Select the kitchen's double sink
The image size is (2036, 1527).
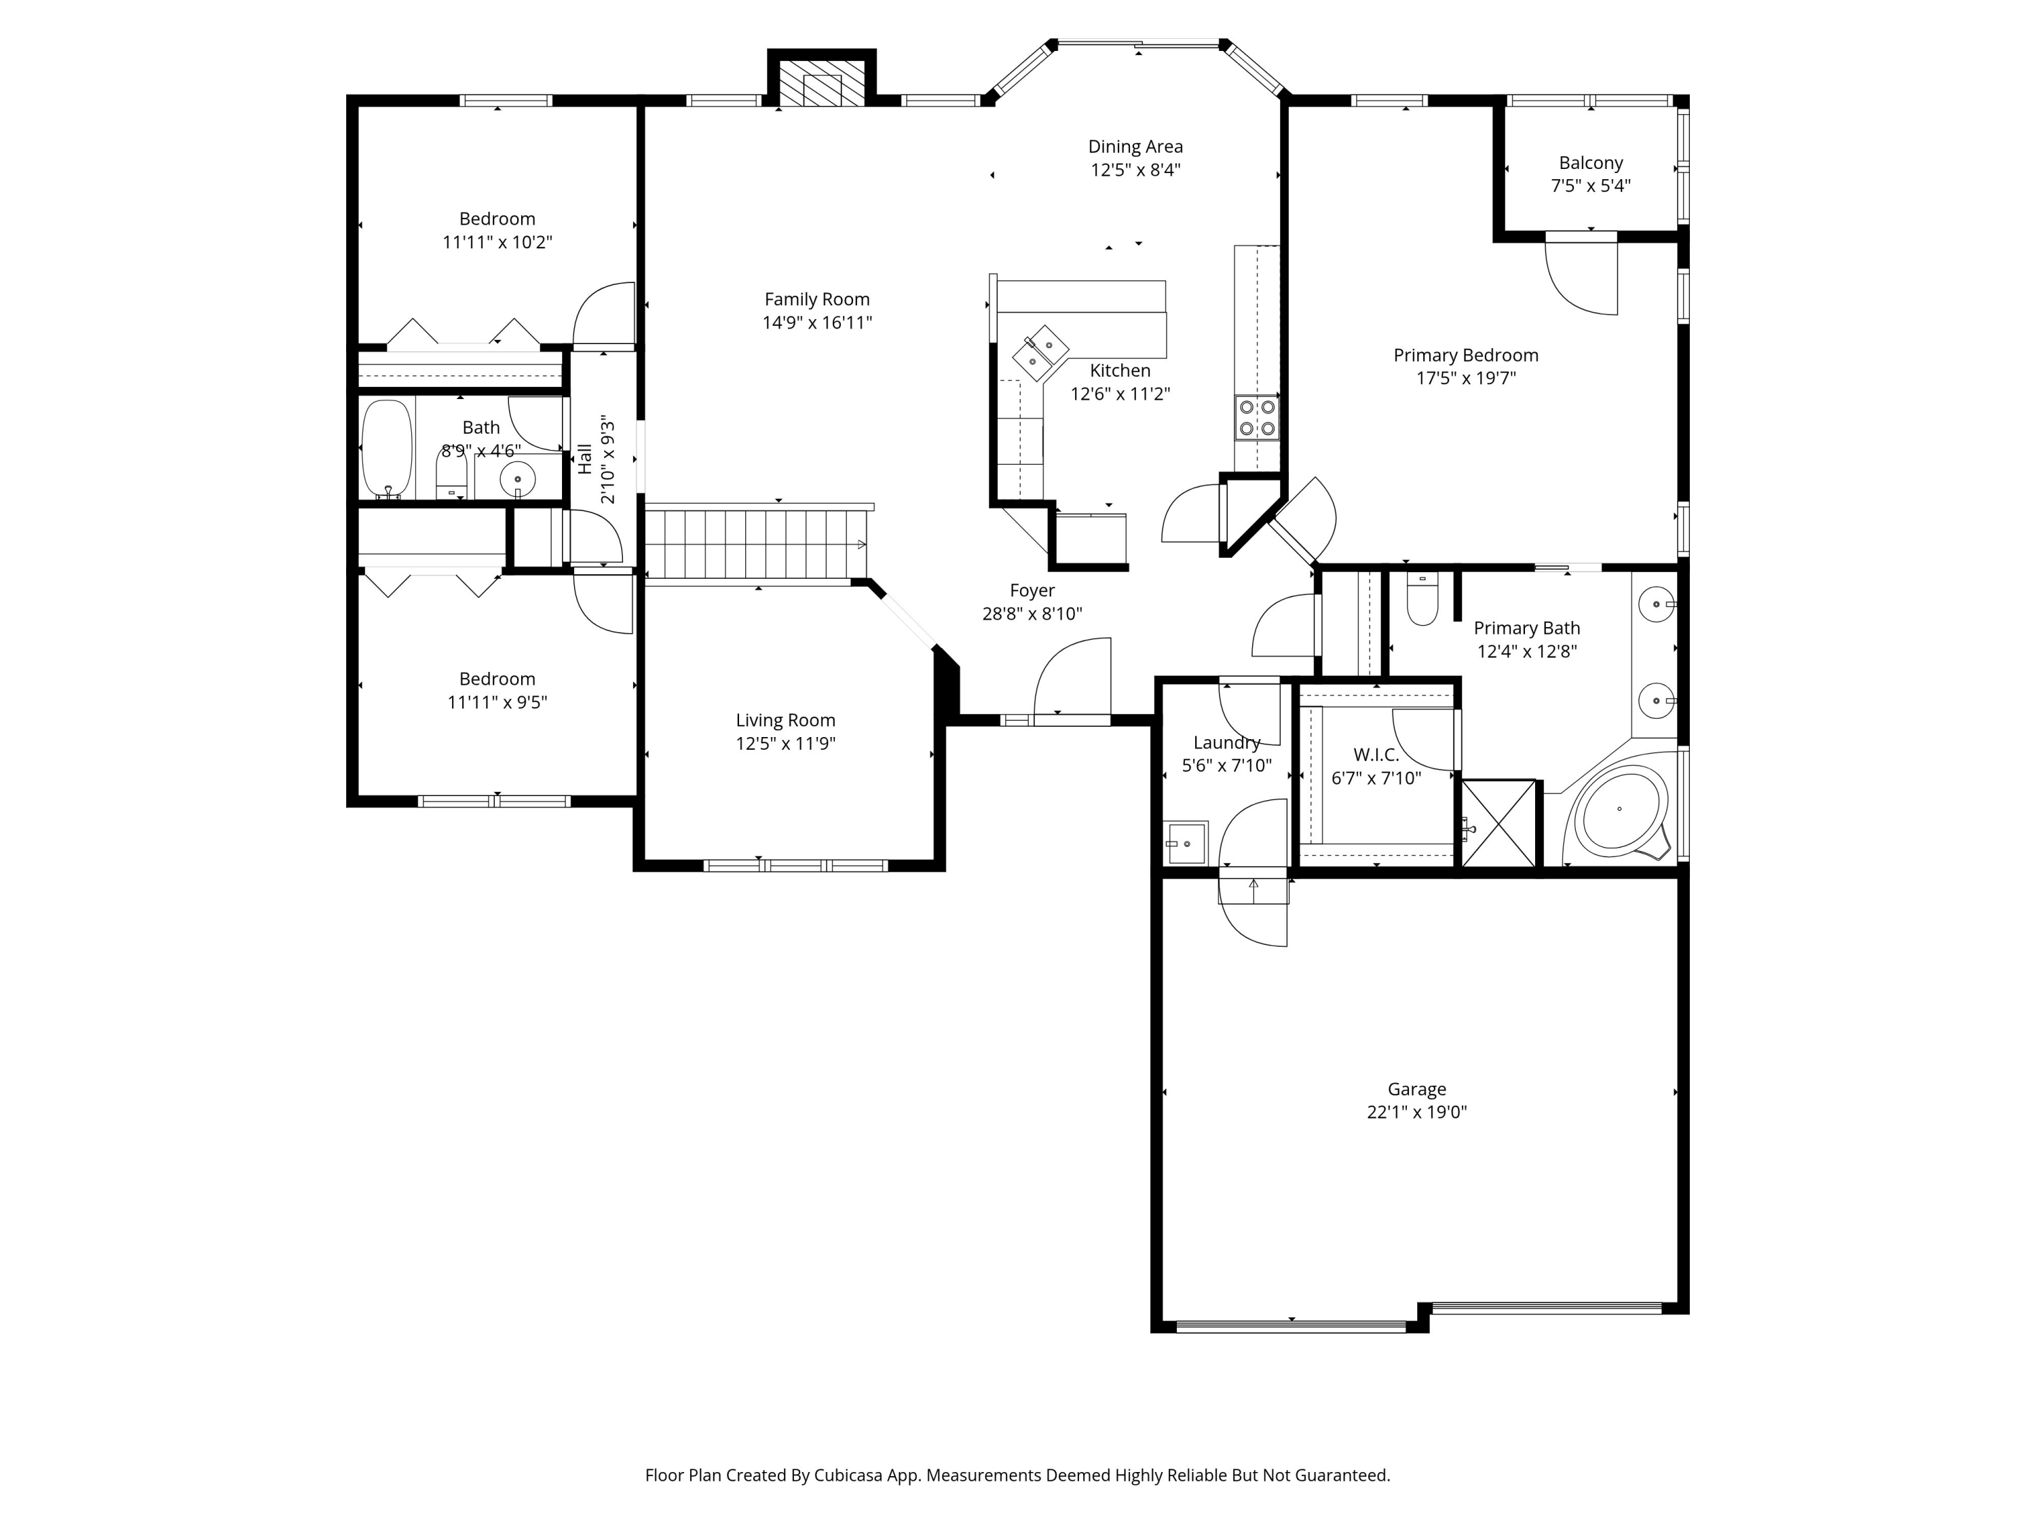point(1041,352)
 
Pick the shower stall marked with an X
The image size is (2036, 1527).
point(1498,823)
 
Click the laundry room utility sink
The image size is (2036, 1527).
point(1186,842)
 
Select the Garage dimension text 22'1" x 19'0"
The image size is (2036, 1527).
point(1416,1112)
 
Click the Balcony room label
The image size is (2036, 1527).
point(1591,163)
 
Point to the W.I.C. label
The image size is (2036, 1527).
point(1376,755)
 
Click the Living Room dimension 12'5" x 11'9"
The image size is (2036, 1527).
point(785,744)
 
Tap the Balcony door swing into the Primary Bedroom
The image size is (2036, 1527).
point(1581,274)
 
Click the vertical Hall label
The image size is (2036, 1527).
point(586,459)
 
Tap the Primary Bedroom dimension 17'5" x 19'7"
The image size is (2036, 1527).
point(1465,378)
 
